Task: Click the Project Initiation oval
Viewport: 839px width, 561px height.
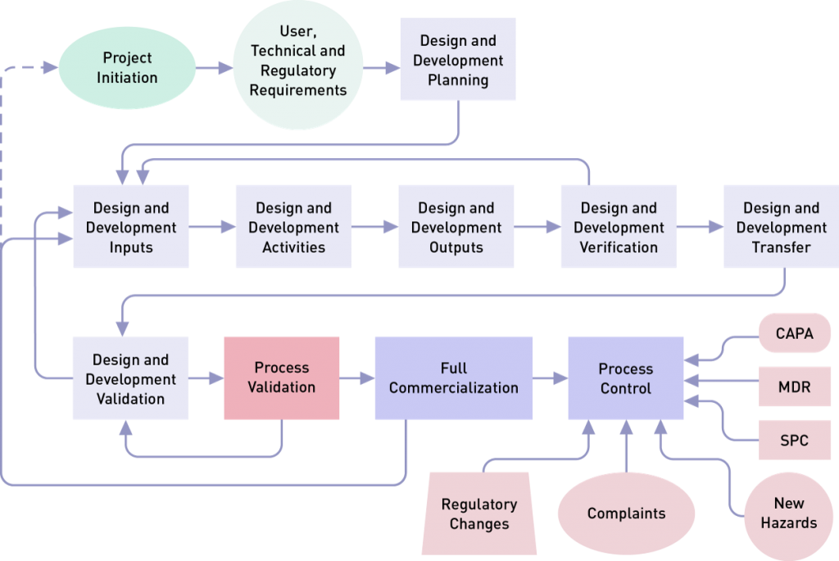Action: (x=127, y=68)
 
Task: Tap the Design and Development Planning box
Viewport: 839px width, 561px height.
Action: (x=458, y=61)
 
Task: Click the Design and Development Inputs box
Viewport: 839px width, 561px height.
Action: (x=131, y=227)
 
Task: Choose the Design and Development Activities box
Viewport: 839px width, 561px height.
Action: (x=293, y=227)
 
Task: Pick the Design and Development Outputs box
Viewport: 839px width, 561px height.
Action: (x=456, y=227)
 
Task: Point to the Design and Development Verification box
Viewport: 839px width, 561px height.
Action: (x=619, y=227)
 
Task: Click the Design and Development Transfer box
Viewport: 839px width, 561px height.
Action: (x=781, y=227)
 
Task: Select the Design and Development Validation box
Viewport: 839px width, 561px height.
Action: (x=131, y=378)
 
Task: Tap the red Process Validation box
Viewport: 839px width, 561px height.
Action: (x=281, y=378)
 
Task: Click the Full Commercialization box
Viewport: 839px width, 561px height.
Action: (x=453, y=378)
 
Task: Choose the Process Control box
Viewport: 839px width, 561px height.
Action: (x=626, y=378)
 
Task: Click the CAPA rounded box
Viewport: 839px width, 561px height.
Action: (x=793, y=333)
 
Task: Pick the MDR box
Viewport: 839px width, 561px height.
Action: (x=794, y=387)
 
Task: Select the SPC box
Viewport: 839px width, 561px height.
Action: (x=794, y=440)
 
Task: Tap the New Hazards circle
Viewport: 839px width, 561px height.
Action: (x=788, y=512)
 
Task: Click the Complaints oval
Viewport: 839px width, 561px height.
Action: (x=626, y=513)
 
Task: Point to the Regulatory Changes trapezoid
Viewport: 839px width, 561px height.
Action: (x=479, y=513)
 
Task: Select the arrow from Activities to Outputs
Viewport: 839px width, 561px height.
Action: (x=374, y=228)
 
